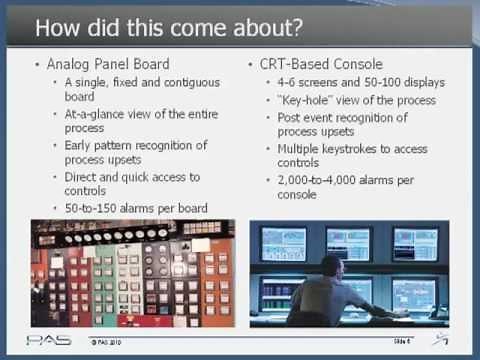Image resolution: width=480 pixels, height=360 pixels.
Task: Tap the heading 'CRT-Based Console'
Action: point(320,64)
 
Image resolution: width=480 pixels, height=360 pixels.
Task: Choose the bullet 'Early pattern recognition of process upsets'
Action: point(135,153)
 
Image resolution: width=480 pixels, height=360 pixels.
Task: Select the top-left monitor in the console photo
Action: point(283,243)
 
